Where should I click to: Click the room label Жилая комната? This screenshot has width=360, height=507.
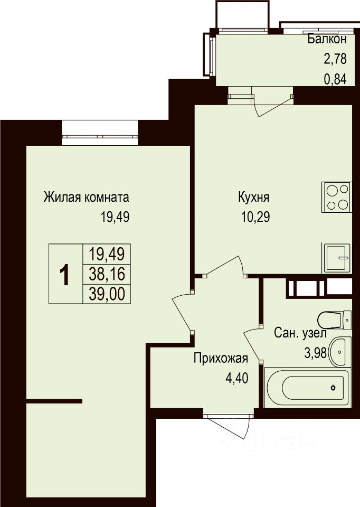pyautogui.click(x=86, y=197)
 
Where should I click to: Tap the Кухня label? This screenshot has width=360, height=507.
pyautogui.click(x=254, y=197)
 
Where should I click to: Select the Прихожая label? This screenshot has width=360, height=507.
pyautogui.click(x=221, y=359)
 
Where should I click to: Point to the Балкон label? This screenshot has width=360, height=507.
pyautogui.click(x=327, y=39)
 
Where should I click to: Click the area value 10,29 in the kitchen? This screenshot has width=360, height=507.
pyautogui.click(x=255, y=217)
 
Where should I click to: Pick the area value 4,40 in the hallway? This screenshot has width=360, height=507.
pyautogui.click(x=237, y=378)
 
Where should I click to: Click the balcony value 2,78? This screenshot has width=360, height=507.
pyautogui.click(x=335, y=59)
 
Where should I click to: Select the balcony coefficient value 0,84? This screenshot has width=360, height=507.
pyautogui.click(x=335, y=79)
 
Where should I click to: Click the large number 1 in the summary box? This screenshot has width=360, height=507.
pyautogui.click(x=65, y=274)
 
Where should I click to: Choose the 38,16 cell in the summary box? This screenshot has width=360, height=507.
pyautogui.click(x=107, y=274)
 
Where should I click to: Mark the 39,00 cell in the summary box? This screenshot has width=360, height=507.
pyautogui.click(x=107, y=294)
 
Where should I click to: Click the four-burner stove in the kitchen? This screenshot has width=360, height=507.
pyautogui.click(x=336, y=197)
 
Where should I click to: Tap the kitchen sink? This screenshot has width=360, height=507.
pyautogui.click(x=336, y=258)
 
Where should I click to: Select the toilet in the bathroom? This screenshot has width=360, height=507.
pyautogui.click(x=334, y=320)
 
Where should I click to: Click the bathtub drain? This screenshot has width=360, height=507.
pyautogui.click(x=333, y=388)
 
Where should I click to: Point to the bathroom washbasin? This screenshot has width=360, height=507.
pyautogui.click(x=340, y=352)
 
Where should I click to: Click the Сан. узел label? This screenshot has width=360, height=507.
pyautogui.click(x=300, y=333)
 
